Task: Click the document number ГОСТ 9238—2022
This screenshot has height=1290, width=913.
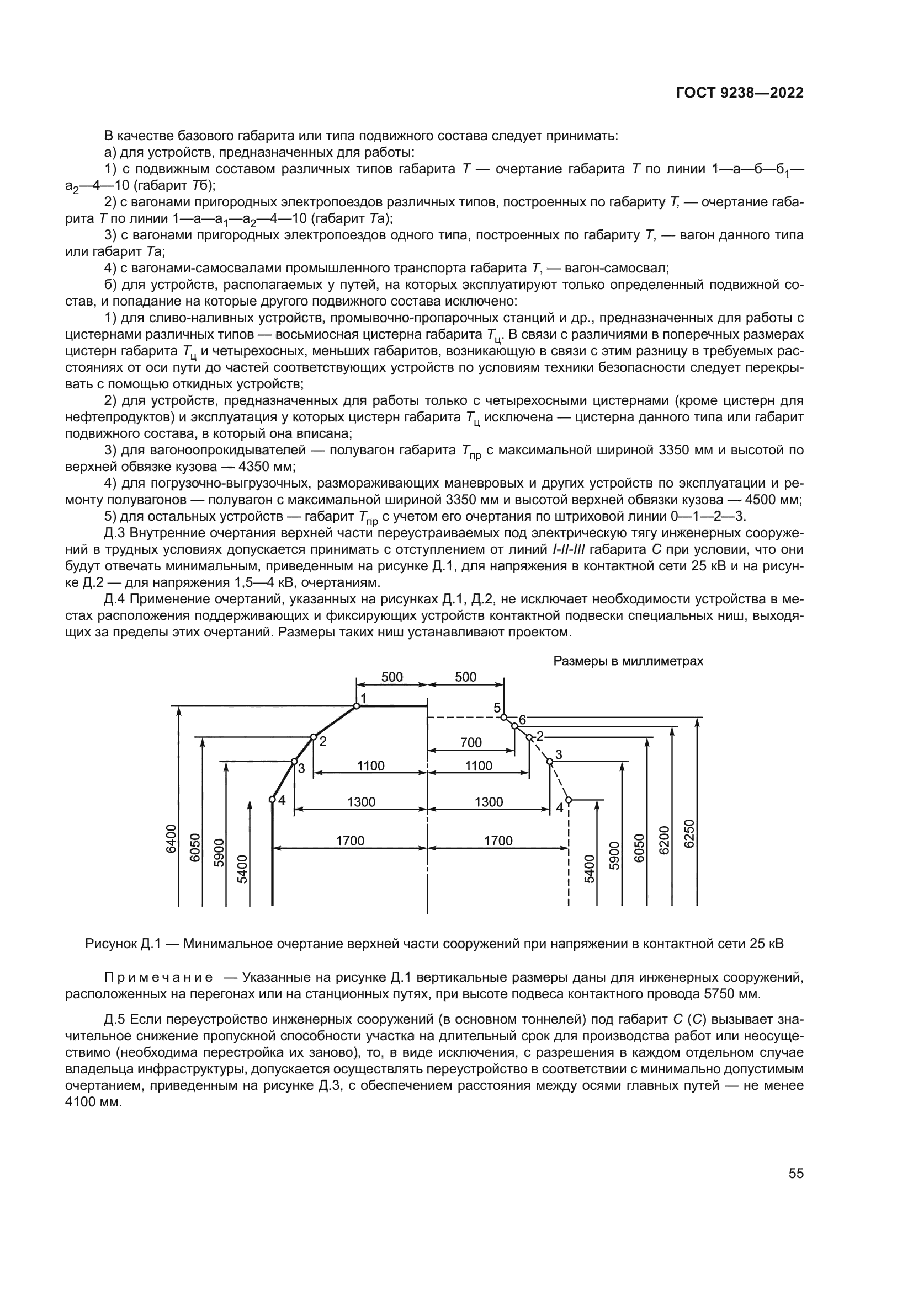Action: pos(739,93)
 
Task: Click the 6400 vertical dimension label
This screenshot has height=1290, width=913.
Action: pos(171,839)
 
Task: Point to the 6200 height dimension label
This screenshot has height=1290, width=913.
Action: pos(665,840)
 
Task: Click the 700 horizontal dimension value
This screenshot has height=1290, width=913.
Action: pos(471,742)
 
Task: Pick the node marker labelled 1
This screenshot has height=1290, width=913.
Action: pos(357,706)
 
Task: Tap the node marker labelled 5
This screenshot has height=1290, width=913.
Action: pos(504,717)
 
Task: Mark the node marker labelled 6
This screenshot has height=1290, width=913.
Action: pos(514,726)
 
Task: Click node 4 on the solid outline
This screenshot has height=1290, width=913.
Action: pos(272,799)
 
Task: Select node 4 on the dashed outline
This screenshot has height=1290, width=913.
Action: pos(569,799)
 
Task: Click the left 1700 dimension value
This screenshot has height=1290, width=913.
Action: pos(351,841)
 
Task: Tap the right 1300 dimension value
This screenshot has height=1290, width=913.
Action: pos(489,802)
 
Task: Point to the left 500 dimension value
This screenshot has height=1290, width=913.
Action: pos(392,677)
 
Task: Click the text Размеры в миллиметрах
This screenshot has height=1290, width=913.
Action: pos(628,661)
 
